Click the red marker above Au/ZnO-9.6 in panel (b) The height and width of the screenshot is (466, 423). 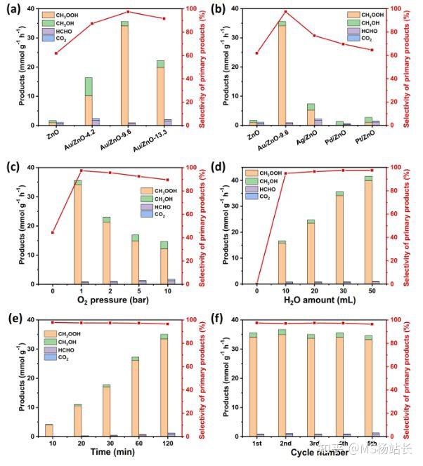point(285,11)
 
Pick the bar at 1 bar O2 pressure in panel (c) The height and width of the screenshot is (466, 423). point(77,232)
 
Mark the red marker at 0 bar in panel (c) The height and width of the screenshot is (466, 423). point(53,232)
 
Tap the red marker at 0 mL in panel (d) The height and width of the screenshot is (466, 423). point(257,284)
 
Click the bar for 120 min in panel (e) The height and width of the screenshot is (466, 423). point(164,385)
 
